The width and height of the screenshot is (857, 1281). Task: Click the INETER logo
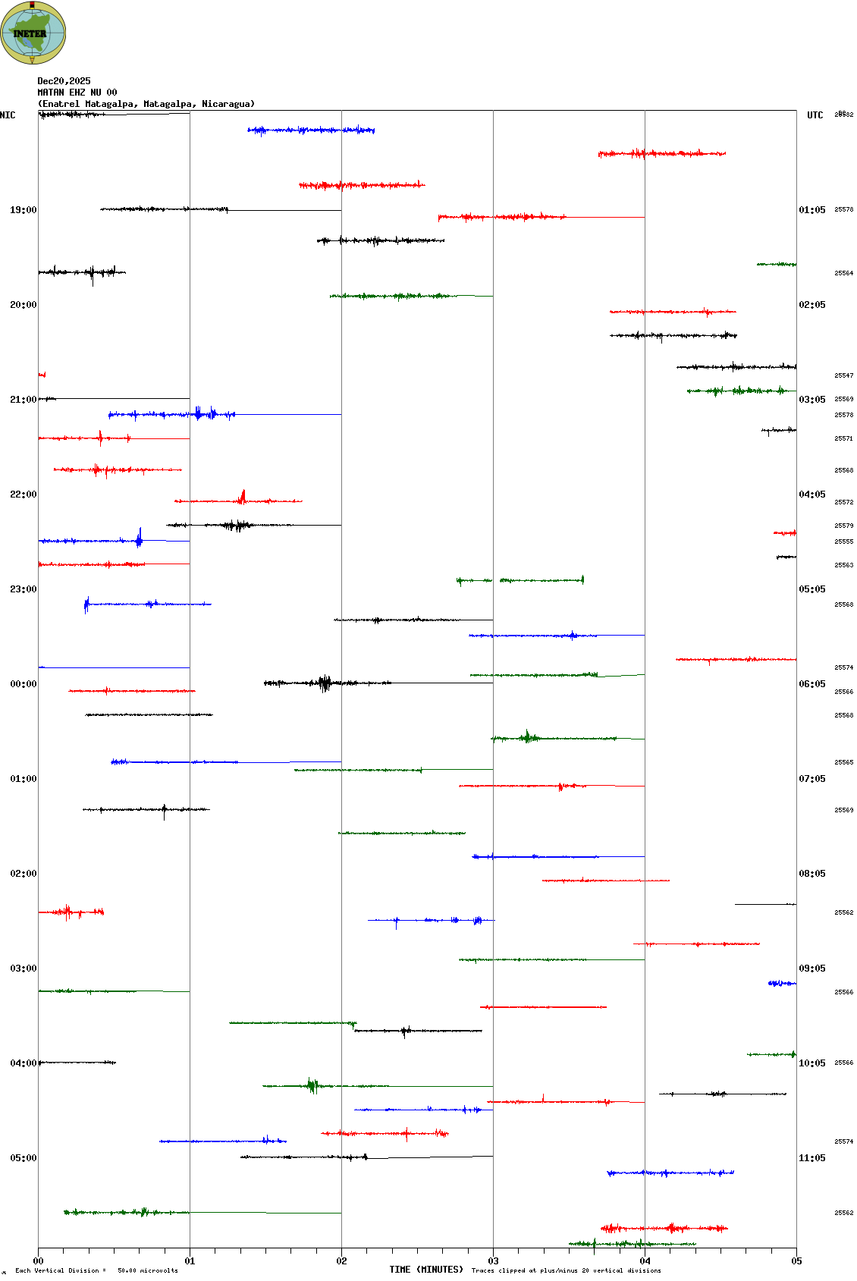(33, 33)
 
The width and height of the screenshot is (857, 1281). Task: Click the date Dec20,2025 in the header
(64, 81)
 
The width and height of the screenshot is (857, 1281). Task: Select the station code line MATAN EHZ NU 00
(77, 93)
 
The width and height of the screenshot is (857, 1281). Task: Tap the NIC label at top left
(8, 115)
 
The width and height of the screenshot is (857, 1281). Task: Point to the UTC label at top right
(815, 115)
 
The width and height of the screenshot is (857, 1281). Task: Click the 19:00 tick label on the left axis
(23, 210)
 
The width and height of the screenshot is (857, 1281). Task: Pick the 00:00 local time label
(23, 684)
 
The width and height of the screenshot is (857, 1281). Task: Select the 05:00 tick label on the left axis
(23, 1158)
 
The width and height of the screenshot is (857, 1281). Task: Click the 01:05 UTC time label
(811, 210)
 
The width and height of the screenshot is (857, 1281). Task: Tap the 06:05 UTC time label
(811, 684)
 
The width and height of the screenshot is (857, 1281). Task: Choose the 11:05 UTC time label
(811, 1158)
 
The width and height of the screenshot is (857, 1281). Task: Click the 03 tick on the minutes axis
(493, 1261)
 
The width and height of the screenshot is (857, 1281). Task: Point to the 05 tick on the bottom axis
(796, 1261)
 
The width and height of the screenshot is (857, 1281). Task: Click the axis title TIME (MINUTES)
(426, 1270)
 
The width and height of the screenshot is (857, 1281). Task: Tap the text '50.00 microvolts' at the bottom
(147, 1270)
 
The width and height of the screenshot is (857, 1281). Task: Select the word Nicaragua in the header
(225, 104)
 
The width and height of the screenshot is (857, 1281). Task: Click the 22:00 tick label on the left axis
(23, 495)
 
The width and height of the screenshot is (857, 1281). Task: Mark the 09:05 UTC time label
(811, 969)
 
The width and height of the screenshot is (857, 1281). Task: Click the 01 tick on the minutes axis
(190, 1261)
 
